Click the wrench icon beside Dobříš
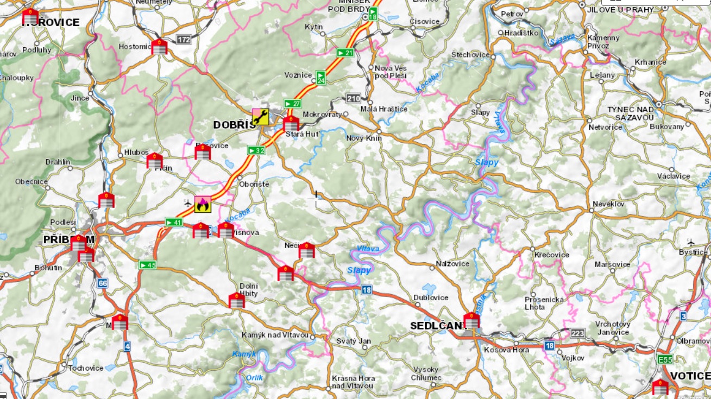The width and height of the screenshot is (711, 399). coord(260,117)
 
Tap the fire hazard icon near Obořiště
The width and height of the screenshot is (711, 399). coord(203,204)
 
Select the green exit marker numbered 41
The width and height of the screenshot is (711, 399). coord(173,222)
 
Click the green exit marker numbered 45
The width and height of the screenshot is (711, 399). coord(147,265)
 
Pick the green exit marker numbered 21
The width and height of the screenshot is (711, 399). coord(345,53)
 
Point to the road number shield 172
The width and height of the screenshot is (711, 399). coord(184,40)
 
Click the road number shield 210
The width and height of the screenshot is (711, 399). coord(354,98)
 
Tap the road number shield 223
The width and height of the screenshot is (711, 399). coord(577,332)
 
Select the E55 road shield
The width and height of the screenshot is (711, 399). coord(664,359)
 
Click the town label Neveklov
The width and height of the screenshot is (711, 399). coord(609,204)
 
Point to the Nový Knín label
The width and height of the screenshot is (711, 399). coord(364,138)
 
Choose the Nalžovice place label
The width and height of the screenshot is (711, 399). coord(452,264)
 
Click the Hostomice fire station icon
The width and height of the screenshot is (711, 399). coord(159,47)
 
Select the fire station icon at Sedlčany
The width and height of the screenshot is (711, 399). coord(471,321)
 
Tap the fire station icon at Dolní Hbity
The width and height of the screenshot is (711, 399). coord(237,301)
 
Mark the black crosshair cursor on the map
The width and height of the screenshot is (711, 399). coord(315,198)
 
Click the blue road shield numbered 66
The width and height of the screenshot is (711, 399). coord(103,283)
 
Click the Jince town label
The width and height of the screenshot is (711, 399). coord(80,98)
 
